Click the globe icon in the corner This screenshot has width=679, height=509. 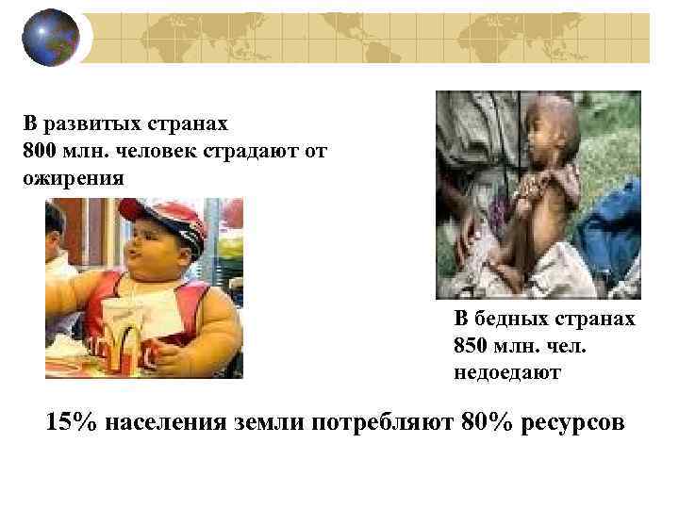(x=50, y=38)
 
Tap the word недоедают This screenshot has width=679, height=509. (x=506, y=371)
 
